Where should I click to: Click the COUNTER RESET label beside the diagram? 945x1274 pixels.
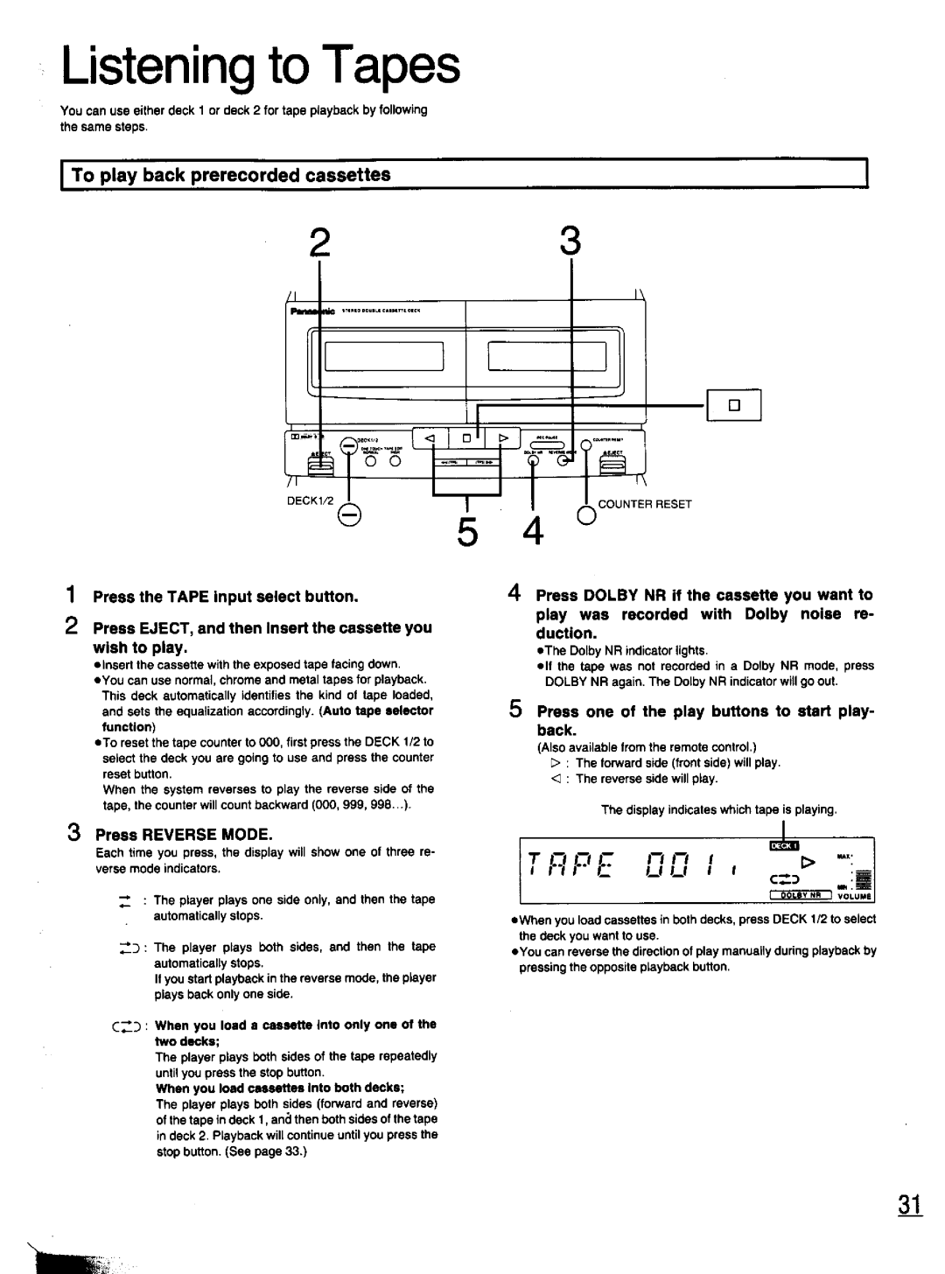coord(646,504)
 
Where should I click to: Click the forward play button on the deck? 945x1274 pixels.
coord(504,438)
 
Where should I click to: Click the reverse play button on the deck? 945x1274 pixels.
coord(430,438)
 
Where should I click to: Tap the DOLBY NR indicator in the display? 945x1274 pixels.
coord(799,893)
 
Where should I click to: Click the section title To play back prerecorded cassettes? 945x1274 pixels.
coord(230,175)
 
